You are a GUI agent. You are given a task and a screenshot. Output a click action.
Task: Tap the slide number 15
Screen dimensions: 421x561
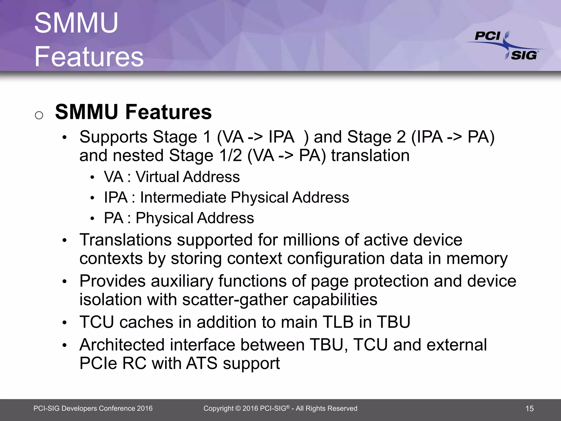pos(529,409)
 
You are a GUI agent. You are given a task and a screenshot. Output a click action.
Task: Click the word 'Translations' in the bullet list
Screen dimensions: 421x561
pos(125,240)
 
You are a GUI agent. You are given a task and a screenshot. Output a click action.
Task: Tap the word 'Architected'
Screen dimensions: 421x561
pos(122,345)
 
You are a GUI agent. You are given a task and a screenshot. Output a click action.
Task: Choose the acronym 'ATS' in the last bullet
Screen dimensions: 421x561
pos(202,363)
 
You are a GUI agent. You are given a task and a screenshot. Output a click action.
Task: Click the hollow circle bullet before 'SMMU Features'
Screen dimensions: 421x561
pos(39,115)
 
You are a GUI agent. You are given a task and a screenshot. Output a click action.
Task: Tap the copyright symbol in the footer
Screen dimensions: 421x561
pos(238,409)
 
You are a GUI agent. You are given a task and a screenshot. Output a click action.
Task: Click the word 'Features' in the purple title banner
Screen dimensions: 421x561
pos(89,56)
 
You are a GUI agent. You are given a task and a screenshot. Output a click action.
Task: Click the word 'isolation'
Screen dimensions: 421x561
pos(110,300)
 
